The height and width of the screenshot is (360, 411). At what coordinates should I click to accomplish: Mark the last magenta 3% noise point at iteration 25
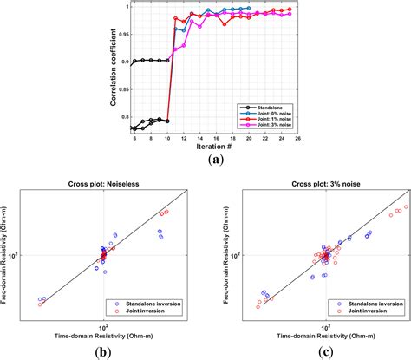pyautogui.click(x=290, y=14)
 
